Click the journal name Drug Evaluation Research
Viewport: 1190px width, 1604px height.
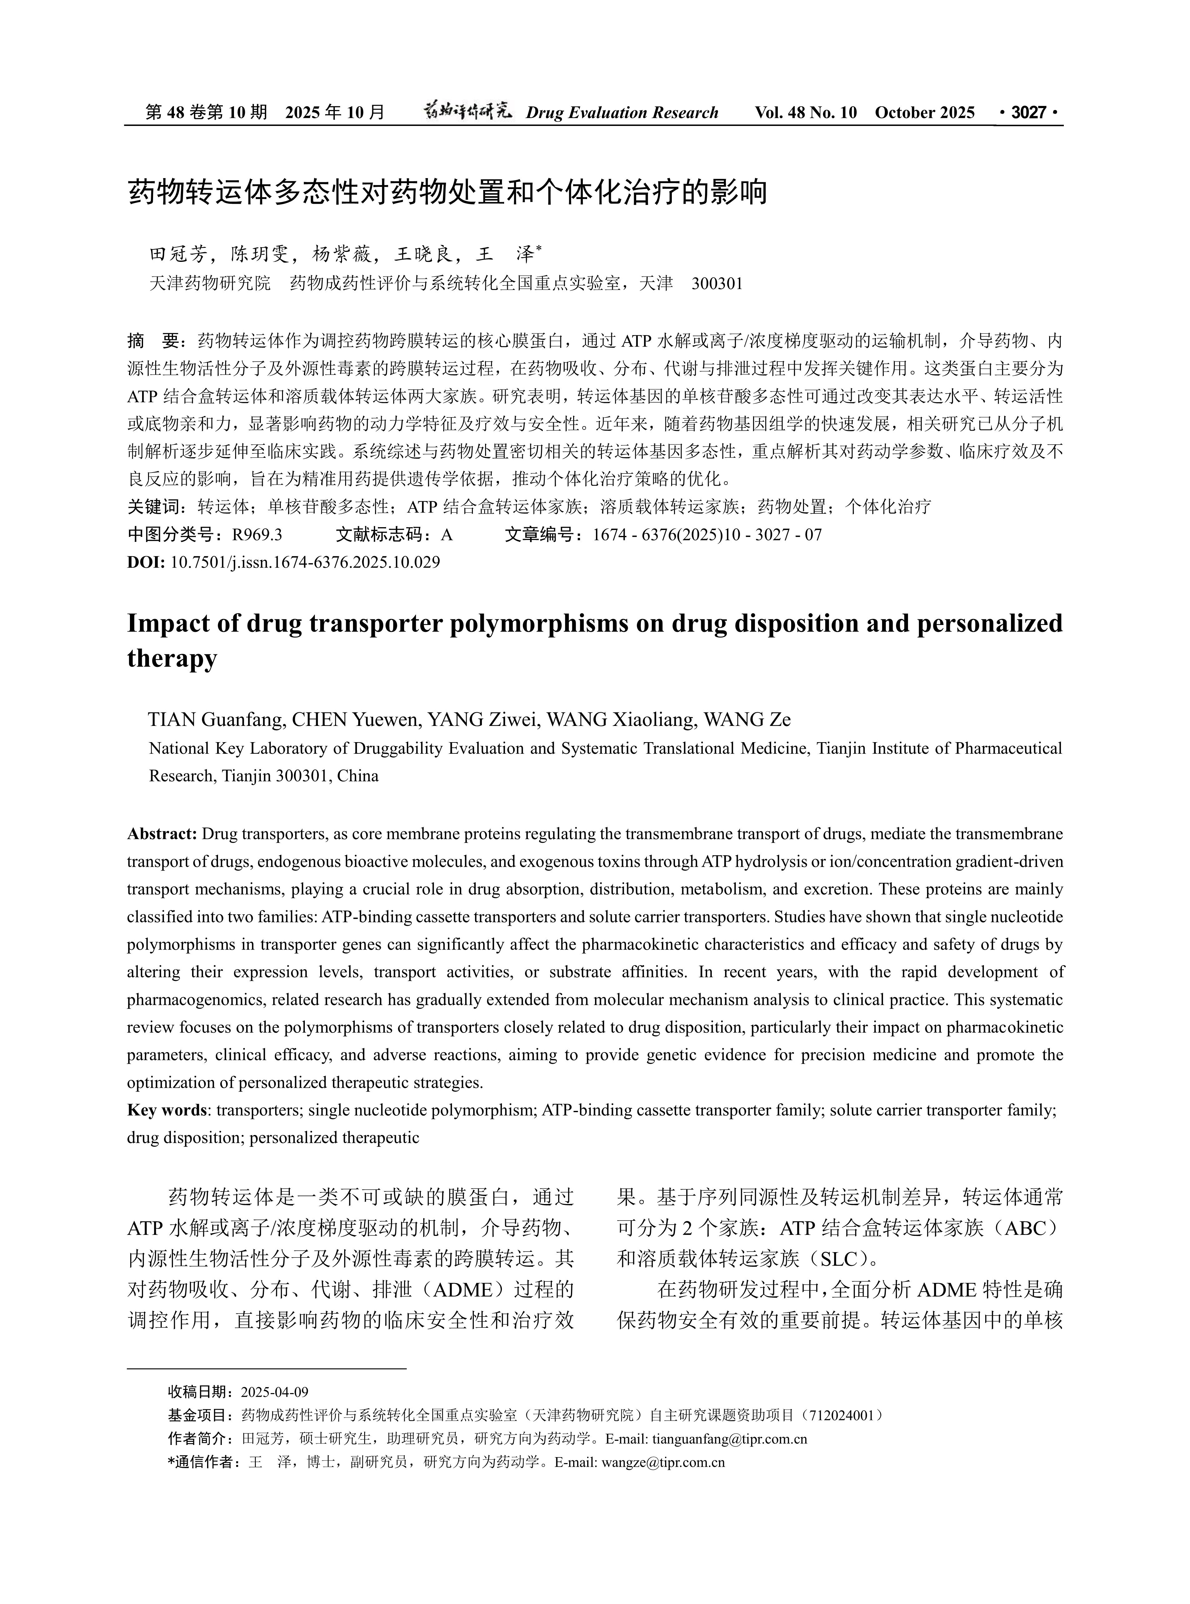pos(622,112)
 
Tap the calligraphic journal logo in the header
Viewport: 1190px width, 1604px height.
pos(467,111)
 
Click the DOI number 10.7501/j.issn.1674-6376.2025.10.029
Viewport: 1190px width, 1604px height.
pos(305,562)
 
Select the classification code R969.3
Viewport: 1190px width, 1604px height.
pos(257,535)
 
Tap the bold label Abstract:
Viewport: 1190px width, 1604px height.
pos(162,834)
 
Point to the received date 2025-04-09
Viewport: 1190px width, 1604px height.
pos(275,1392)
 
